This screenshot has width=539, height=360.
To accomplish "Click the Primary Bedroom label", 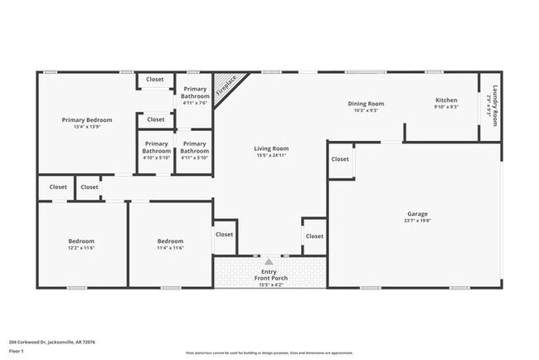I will tap(86, 119).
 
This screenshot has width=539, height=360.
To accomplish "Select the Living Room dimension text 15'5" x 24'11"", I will tap(271, 155).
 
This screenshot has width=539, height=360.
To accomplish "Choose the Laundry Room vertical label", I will tap(495, 106).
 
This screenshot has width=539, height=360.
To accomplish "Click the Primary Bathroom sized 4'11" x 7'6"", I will tap(195, 95).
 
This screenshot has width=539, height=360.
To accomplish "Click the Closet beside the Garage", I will tap(340, 159).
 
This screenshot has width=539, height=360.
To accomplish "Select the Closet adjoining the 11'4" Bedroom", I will tap(225, 235).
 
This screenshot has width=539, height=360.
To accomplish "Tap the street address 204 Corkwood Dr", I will tap(52, 341).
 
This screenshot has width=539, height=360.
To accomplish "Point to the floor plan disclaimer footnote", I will tap(268, 353).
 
